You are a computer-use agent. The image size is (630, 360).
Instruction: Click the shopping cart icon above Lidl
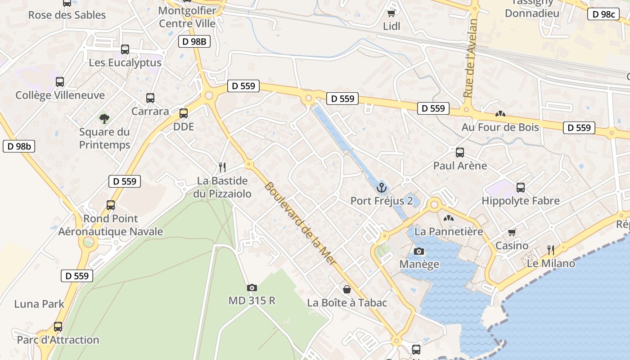coord(391,13)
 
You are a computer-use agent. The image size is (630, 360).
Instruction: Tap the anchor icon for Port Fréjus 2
coord(382,187)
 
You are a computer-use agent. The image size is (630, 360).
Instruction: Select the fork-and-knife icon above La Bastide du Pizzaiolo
coord(222,167)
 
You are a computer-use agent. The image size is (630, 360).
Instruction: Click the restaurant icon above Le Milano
coord(551,250)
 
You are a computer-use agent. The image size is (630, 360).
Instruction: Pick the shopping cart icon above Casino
coord(512,233)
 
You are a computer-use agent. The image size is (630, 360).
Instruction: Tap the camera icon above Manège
coord(419,251)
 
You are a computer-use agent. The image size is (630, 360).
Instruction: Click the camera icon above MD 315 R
coord(252,288)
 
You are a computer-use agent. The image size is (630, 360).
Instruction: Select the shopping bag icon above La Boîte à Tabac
coord(346,289)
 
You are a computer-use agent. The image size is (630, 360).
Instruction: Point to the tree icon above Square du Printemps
coord(104,119)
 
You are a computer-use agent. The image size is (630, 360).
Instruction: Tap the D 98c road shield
coord(603,14)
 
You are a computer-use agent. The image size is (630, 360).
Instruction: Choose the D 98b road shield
coord(19,146)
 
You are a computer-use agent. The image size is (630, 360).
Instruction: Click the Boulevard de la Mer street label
coord(300,224)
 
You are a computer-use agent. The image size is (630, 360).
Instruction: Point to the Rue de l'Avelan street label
coord(470,58)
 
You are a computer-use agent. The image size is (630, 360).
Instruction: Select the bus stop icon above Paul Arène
coord(460,153)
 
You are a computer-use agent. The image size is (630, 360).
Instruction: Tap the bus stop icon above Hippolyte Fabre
coord(521,188)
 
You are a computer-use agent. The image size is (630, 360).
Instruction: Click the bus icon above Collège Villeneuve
coord(60,82)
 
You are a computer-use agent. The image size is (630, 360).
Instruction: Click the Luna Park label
coord(39,304)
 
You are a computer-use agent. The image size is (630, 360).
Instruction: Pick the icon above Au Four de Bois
coord(500,114)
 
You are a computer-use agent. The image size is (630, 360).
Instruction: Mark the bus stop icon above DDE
coord(184,113)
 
